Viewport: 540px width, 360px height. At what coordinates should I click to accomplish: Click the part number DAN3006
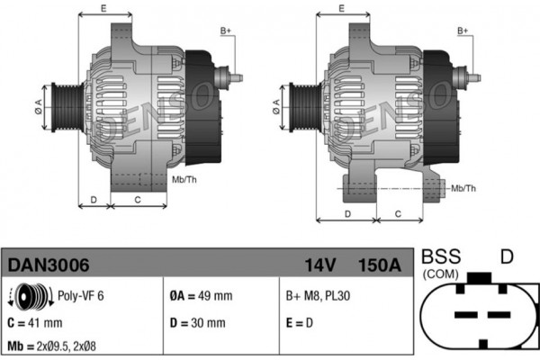[49, 265]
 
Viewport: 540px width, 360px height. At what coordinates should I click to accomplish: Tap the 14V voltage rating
[319, 265]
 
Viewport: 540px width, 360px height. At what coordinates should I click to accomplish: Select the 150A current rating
[380, 265]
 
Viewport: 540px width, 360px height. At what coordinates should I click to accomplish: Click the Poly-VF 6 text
[81, 295]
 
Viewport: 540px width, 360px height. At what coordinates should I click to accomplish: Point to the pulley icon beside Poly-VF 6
[31, 295]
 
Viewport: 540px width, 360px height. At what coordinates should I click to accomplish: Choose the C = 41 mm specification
[35, 323]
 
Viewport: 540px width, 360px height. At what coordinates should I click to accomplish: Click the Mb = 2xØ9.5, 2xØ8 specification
[51, 346]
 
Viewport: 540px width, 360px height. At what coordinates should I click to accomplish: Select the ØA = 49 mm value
[201, 295]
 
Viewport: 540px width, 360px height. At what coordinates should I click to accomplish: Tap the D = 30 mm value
[198, 323]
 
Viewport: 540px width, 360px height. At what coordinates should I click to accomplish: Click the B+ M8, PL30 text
[318, 295]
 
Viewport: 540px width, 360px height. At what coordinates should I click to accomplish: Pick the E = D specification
[300, 323]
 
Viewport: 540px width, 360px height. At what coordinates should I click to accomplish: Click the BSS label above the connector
[441, 256]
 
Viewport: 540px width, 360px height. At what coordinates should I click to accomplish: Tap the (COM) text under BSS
[441, 274]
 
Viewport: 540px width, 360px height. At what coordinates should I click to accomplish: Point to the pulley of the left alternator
[67, 107]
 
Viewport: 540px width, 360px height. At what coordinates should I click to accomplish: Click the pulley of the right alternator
[305, 107]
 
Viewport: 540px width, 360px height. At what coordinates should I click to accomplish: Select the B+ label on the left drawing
[226, 31]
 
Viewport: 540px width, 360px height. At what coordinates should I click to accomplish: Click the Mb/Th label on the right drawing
[463, 188]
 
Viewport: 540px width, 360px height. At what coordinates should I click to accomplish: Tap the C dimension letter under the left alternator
[138, 200]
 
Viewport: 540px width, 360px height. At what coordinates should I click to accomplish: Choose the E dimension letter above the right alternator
[342, 8]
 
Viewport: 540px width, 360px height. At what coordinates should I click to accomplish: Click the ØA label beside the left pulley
[38, 107]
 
